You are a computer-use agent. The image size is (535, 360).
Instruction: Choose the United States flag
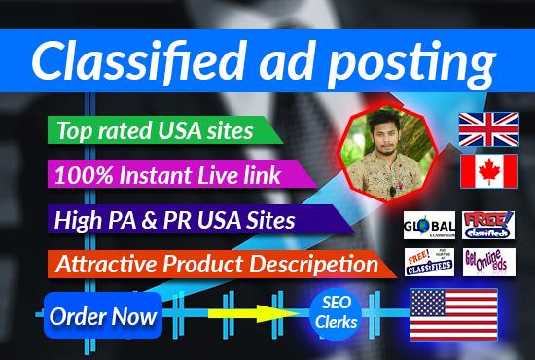(452, 317)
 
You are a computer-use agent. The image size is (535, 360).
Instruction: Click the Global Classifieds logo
(429, 228)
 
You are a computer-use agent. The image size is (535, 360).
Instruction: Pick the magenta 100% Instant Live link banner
(170, 175)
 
